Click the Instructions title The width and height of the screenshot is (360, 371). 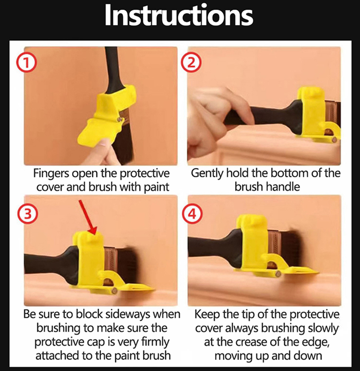click(179, 15)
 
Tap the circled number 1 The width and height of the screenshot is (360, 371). click(26, 62)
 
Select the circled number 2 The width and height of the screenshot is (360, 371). click(191, 62)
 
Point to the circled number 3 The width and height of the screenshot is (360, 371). click(27, 214)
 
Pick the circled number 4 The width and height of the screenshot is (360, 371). click(192, 214)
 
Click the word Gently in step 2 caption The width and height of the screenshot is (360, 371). click(207, 173)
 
